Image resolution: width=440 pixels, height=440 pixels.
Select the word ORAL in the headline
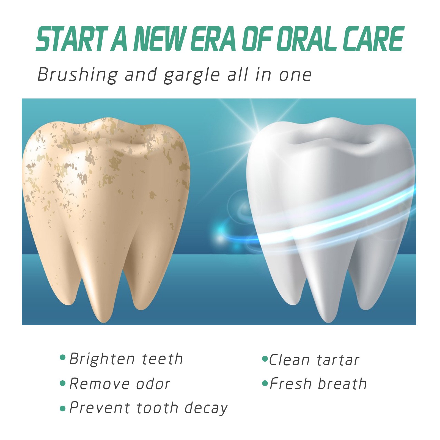click(x=307, y=39)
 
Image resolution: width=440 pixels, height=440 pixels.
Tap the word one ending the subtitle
click(x=295, y=75)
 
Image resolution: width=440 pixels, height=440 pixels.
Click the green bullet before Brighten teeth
click(x=63, y=358)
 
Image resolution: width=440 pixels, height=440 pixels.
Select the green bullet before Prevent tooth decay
click(x=63, y=408)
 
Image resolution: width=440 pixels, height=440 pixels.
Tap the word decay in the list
click(x=206, y=408)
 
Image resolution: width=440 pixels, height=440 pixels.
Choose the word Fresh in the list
click(x=290, y=384)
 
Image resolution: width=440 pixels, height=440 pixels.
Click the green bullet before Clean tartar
click(x=265, y=359)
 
